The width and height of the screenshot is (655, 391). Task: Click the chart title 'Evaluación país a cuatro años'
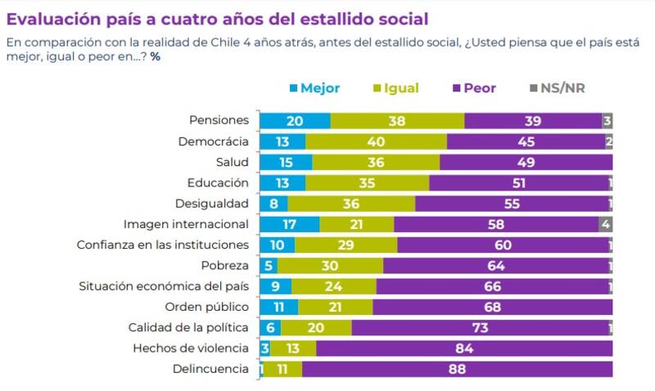point(217,17)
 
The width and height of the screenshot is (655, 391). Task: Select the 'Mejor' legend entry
point(319,88)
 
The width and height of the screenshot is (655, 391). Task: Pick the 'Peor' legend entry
point(480,88)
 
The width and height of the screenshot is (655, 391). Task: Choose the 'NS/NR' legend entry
point(562,88)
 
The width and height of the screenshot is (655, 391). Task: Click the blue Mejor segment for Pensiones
point(295,120)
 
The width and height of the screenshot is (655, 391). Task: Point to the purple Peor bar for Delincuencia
point(457,369)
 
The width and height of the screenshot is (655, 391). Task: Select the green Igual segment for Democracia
point(376,142)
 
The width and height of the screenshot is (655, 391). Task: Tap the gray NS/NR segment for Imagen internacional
point(605,224)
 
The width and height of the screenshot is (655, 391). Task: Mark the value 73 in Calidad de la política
point(481,327)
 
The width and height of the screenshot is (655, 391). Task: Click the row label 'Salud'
point(232,162)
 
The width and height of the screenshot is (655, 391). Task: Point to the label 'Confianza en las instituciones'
point(162,245)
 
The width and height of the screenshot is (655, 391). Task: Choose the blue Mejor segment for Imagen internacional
point(290,224)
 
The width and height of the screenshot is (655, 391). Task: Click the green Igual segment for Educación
point(367,182)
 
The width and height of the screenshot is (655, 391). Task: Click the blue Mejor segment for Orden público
point(279,307)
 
